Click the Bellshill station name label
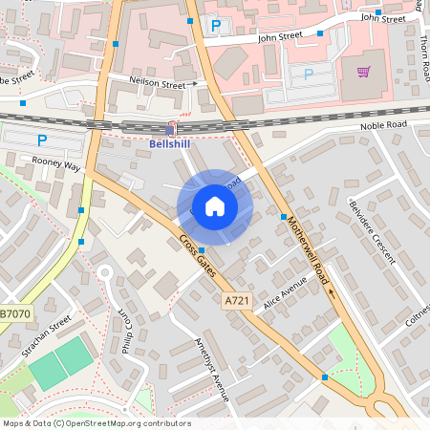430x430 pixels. pyautogui.click(x=171, y=144)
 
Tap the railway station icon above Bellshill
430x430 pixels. pyautogui.click(x=171, y=130)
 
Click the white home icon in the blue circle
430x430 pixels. pyautogui.click(x=215, y=206)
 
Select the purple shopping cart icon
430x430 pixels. pyautogui.click(x=363, y=72)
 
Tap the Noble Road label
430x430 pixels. pyautogui.click(x=384, y=125)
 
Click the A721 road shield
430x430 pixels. pyautogui.click(x=236, y=301)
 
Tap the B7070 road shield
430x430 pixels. pyautogui.click(x=14, y=313)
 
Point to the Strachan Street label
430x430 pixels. pyautogui.click(x=48, y=337)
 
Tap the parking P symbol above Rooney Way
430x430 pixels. pyautogui.click(x=41, y=140)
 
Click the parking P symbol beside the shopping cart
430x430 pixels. pyautogui.click(x=308, y=75)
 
